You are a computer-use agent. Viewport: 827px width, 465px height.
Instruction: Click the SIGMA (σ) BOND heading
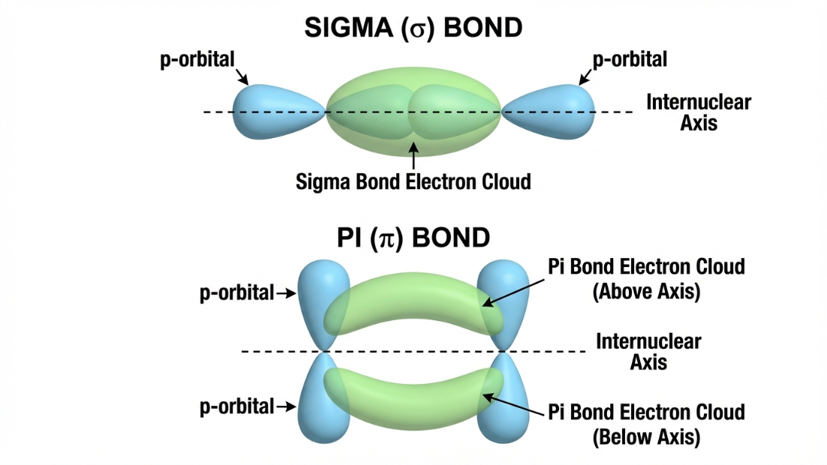click(413, 28)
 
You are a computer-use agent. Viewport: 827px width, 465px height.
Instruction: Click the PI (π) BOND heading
click(413, 238)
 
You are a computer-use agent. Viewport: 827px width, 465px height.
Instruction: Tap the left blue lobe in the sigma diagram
click(270, 112)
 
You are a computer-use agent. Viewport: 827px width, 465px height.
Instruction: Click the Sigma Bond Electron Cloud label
click(413, 181)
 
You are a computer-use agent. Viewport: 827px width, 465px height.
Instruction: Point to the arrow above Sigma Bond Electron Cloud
click(413, 154)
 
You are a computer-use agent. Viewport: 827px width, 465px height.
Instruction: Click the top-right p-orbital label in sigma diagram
click(629, 59)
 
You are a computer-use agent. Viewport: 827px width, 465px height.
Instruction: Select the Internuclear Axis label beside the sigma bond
click(698, 112)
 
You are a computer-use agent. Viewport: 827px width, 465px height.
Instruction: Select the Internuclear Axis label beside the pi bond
click(648, 352)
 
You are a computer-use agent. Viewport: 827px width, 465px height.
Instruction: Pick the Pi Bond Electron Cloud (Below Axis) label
click(646, 424)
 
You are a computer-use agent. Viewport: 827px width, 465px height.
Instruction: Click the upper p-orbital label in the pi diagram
click(236, 293)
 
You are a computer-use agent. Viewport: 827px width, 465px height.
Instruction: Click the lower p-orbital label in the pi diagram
click(236, 407)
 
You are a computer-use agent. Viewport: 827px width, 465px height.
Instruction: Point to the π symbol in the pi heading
click(386, 239)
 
